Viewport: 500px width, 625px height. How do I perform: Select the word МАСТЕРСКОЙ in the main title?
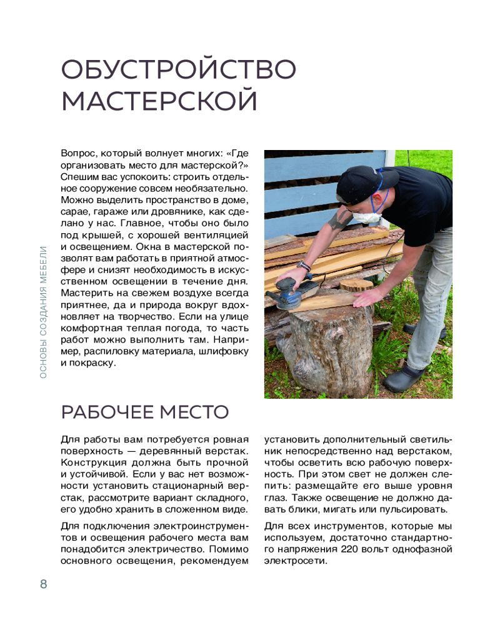159,102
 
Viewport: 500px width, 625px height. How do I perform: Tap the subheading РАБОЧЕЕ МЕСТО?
144,412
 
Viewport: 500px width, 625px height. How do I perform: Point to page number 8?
43,584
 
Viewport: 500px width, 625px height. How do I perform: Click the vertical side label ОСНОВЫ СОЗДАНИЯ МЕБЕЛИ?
43,311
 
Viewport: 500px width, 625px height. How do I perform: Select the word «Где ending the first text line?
236,153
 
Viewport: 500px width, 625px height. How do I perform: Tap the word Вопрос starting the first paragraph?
78,153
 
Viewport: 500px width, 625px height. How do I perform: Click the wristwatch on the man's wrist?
304,266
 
